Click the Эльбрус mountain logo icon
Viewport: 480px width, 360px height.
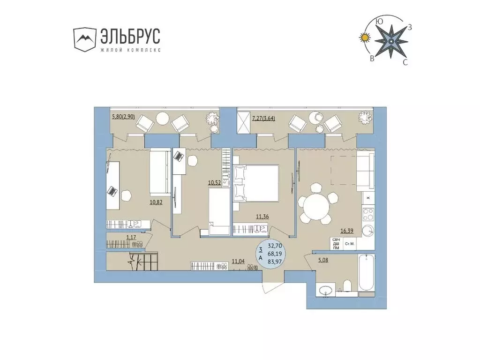pos(84,38)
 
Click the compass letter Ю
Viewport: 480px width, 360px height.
pos(380,21)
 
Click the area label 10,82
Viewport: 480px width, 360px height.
pos(156,203)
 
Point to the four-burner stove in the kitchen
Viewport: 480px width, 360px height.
pos(368,214)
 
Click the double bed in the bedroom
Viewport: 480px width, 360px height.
pos(255,183)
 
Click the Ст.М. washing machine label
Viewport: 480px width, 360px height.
pos(350,244)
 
